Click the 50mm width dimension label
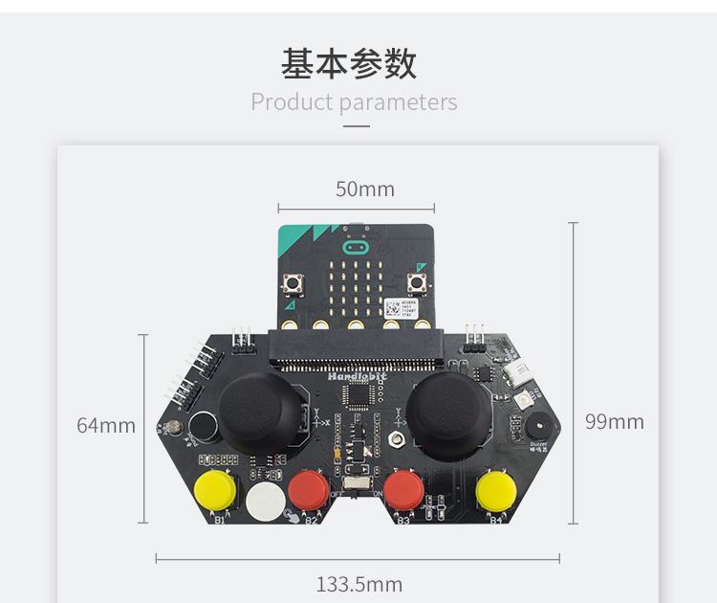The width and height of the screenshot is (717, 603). (364, 190)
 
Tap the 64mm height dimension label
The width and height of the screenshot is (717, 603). (106, 425)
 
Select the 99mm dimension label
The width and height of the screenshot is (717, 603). (614, 421)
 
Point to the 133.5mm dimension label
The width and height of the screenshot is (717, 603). (359, 584)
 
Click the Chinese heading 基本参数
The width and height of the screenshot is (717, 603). (349, 63)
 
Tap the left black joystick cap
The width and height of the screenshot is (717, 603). (263, 408)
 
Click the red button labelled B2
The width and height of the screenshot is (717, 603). (309, 490)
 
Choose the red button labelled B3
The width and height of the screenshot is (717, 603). (405, 490)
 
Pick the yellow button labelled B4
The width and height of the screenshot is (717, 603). (496, 491)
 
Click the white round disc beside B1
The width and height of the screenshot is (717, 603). (265, 500)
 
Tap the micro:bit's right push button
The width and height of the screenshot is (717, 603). (417, 284)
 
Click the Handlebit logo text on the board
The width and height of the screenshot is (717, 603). (355, 379)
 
